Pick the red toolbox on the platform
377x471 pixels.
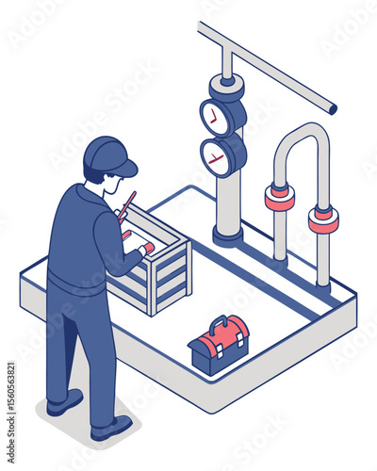(219, 343)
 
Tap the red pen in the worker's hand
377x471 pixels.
(127, 204)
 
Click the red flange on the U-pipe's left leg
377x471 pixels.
(279, 198)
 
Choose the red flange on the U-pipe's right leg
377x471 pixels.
(323, 220)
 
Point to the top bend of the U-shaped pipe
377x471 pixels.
(302, 132)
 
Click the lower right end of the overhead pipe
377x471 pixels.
(331, 109)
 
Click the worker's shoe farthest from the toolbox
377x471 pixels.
(64, 403)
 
